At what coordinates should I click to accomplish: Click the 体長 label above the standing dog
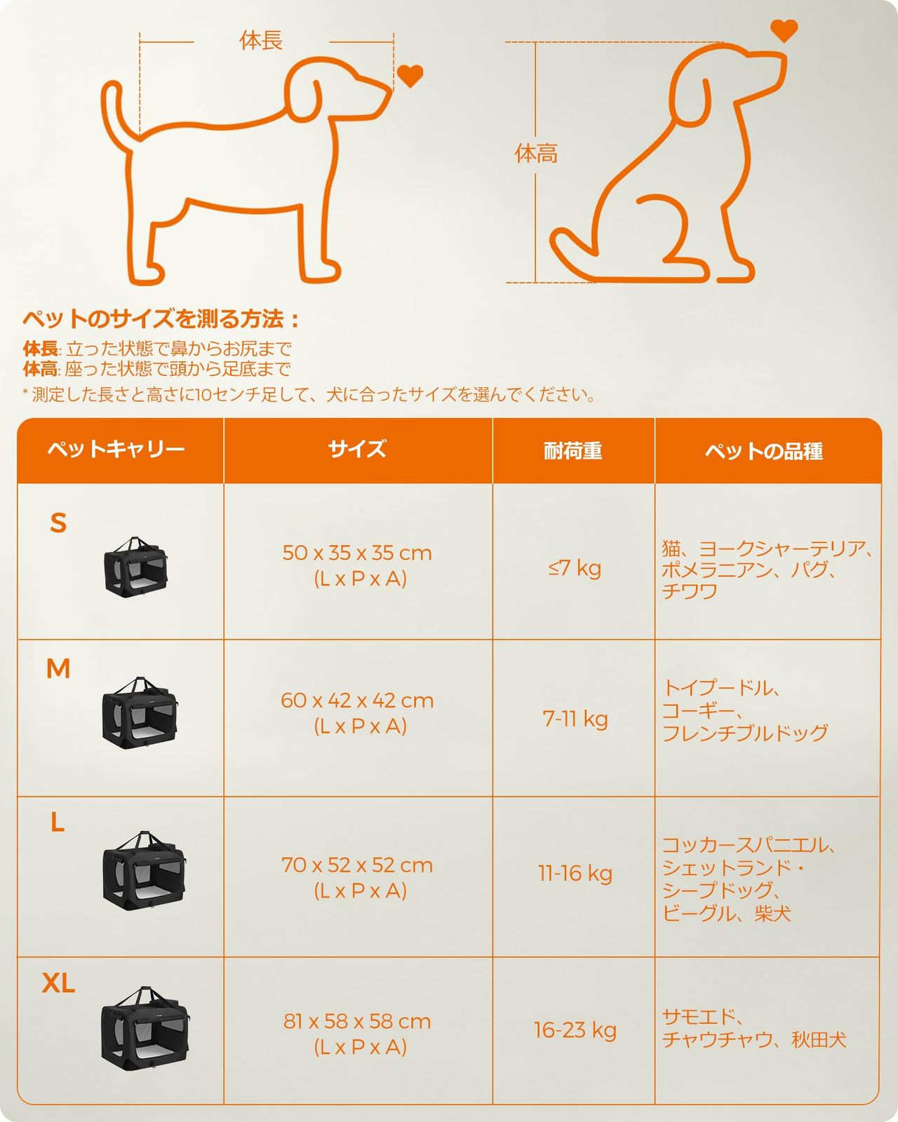click(x=261, y=41)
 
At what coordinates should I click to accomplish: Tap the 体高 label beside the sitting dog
click(x=536, y=154)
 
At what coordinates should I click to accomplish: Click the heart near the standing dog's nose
click(x=410, y=76)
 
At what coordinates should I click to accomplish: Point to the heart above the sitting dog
click(x=784, y=30)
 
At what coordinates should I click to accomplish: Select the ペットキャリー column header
click(x=116, y=450)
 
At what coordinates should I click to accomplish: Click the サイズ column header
click(x=357, y=449)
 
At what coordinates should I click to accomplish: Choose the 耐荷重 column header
click(x=573, y=451)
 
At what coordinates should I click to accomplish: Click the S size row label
click(x=58, y=523)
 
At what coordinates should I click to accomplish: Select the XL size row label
click(x=58, y=983)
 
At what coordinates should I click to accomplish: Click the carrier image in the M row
click(x=140, y=712)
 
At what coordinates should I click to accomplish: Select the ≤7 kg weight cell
click(x=575, y=568)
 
